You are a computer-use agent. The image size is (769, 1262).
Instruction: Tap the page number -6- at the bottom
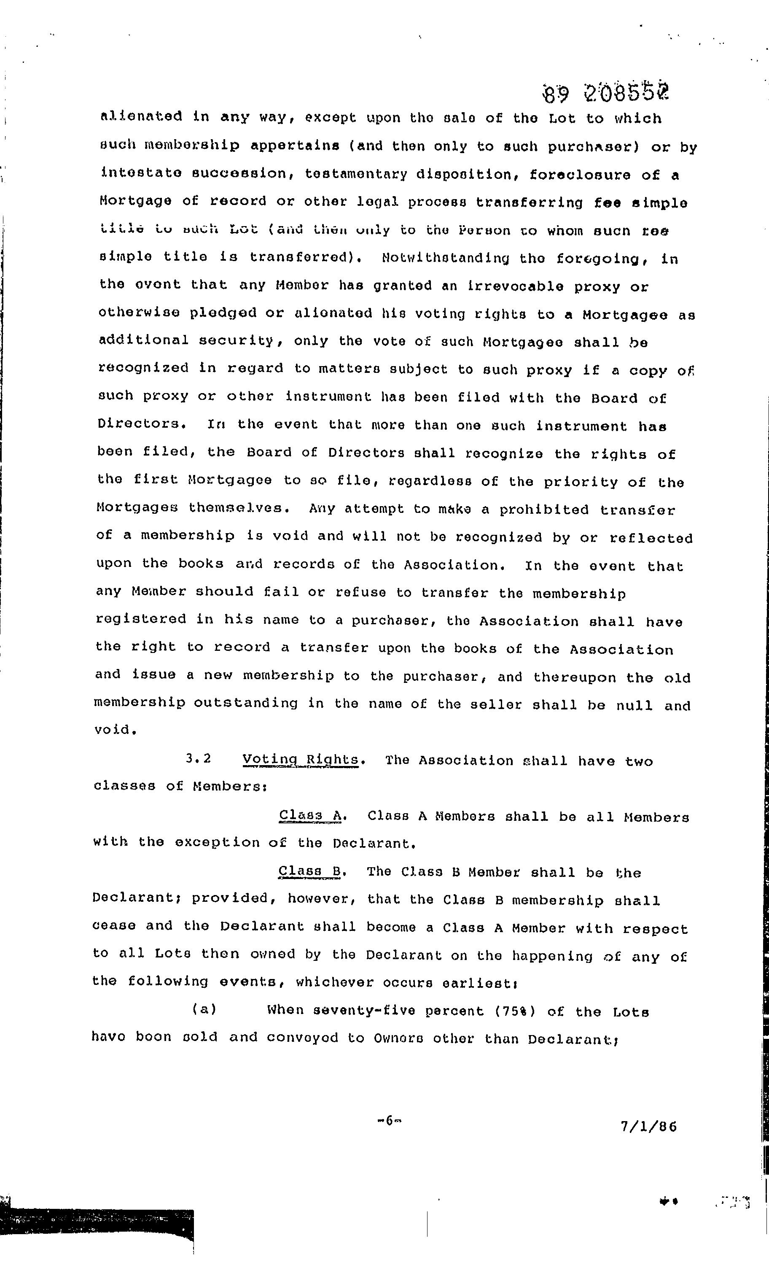click(389, 1120)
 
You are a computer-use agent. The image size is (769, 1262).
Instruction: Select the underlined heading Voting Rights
click(301, 760)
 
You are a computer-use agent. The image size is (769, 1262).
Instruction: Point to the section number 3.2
click(199, 758)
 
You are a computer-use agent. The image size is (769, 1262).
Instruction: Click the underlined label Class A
click(310, 815)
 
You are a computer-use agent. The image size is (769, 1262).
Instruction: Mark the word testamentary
click(355, 174)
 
